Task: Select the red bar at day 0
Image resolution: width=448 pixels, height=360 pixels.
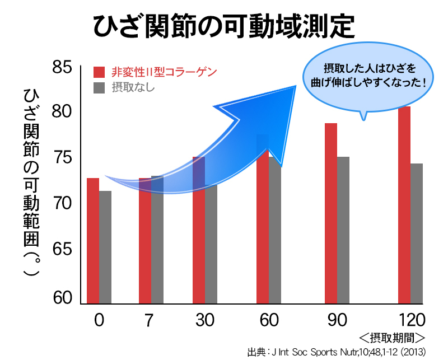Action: point(93,241)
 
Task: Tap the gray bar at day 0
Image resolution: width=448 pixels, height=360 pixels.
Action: point(105,247)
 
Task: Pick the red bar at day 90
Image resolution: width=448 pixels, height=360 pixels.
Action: point(331,213)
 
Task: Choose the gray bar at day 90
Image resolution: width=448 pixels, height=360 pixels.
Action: point(343,230)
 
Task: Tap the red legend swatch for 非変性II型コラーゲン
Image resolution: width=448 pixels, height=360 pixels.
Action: point(99,72)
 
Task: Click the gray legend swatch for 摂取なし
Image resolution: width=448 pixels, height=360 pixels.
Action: point(99,87)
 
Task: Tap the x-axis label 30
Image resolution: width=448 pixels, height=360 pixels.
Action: point(205,320)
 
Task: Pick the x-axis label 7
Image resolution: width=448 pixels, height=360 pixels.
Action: point(148,320)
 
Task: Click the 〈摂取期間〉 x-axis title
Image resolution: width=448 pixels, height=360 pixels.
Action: point(392,338)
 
